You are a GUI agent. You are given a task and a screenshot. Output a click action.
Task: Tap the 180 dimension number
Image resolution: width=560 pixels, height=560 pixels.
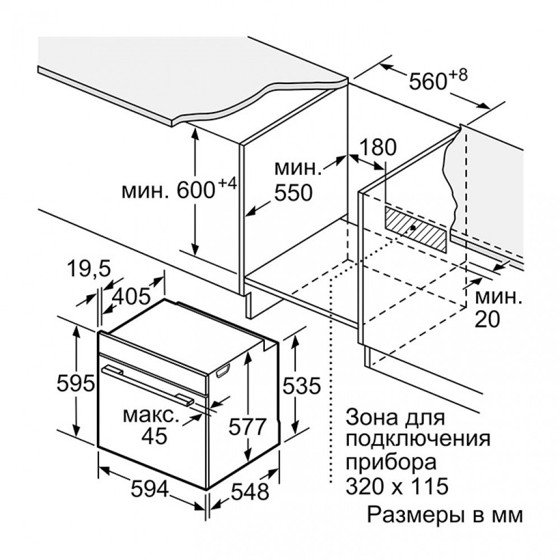click(x=377, y=147)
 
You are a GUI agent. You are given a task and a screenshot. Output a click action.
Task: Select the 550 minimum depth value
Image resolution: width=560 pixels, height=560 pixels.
click(x=293, y=193)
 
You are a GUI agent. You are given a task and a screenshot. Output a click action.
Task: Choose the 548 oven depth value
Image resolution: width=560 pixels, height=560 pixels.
click(x=249, y=492)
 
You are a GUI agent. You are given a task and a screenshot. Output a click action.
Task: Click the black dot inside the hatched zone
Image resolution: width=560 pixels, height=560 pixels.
click(x=413, y=228)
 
